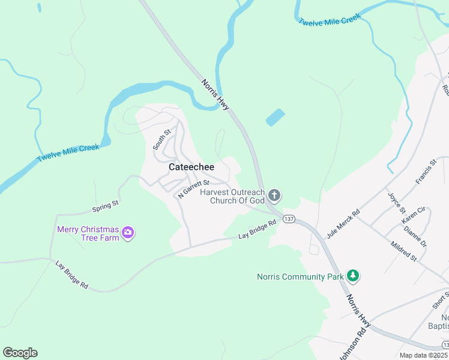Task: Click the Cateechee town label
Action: point(191,167)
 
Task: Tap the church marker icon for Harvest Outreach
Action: point(274,194)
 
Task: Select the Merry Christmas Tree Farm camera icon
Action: point(127,233)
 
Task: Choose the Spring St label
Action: point(106,208)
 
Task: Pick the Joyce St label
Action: point(397,203)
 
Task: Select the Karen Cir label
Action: point(413,215)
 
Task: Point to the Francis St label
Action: point(426,172)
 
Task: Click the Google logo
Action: point(20,353)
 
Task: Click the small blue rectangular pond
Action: point(275,118)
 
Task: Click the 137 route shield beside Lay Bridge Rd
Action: point(289,218)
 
